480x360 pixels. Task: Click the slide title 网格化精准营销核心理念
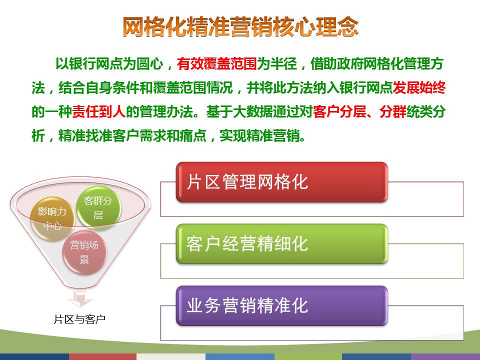(240, 27)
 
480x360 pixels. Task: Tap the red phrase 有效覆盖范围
(216, 64)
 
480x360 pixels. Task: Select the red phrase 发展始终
(419, 88)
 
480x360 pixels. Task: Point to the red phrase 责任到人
(98, 111)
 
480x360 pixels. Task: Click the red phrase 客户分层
(339, 111)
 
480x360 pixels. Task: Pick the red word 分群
(393, 111)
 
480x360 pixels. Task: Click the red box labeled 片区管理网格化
(282, 182)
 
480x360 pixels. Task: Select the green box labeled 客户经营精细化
(282, 244)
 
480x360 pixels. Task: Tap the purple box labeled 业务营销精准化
(282, 306)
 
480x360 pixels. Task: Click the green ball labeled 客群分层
(98, 208)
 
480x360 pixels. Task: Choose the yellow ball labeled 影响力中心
(52, 219)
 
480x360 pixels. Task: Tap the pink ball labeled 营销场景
(84, 252)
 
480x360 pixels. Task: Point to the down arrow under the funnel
(80, 299)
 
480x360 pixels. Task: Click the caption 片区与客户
(79, 319)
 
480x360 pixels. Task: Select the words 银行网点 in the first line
(96, 64)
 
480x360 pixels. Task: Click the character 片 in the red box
(194, 182)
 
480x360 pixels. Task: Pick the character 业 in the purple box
(194, 306)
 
